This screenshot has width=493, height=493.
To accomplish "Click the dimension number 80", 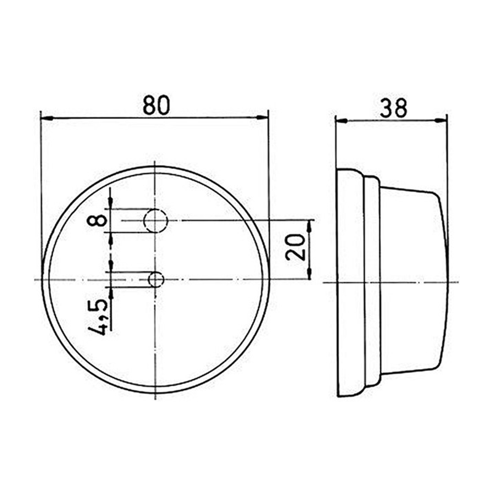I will tap(156, 105).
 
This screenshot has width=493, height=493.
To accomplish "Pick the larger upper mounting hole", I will tap(156, 220).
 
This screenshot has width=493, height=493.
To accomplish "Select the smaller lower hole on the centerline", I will tap(156, 280).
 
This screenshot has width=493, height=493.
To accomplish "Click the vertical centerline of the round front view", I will tap(155, 370).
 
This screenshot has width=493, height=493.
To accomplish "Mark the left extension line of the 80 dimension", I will tap(40, 185).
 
